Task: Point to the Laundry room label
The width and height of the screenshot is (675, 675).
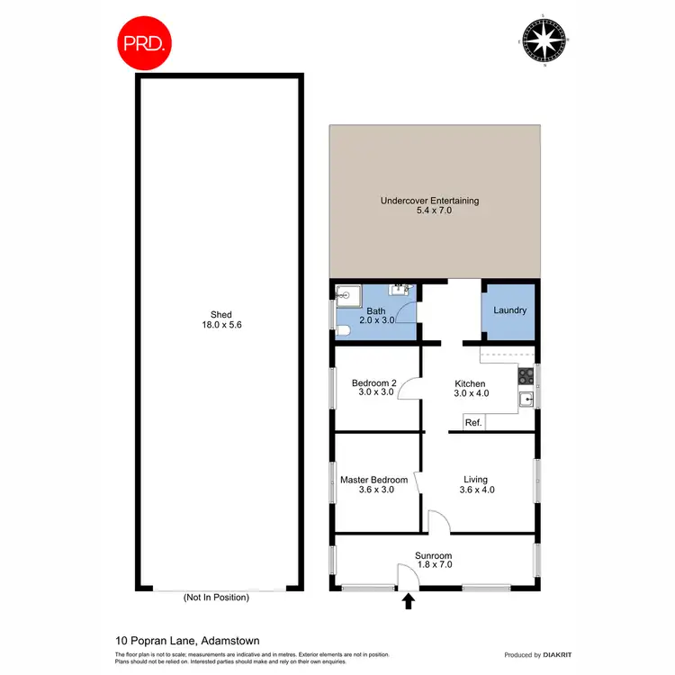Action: point(509,310)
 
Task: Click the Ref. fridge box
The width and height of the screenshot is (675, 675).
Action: point(473,422)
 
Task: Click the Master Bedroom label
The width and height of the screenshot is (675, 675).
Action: point(373,485)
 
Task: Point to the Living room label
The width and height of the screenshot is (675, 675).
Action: point(477,485)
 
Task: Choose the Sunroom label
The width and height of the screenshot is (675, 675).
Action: point(433,561)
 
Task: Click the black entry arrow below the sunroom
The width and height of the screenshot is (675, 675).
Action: point(409,600)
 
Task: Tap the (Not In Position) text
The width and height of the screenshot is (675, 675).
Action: point(215,597)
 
